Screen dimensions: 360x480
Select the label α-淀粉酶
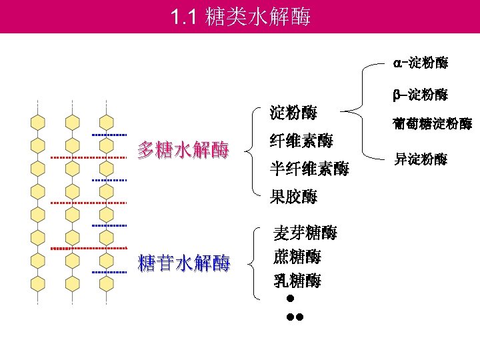point(420,64)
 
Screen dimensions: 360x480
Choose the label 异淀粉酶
point(421,159)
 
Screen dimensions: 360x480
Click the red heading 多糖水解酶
point(183,150)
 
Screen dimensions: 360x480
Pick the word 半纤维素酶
point(309,169)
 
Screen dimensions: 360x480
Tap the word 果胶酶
point(293,197)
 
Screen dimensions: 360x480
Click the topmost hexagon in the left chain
point(38,123)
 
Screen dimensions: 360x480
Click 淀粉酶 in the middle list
point(293,112)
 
